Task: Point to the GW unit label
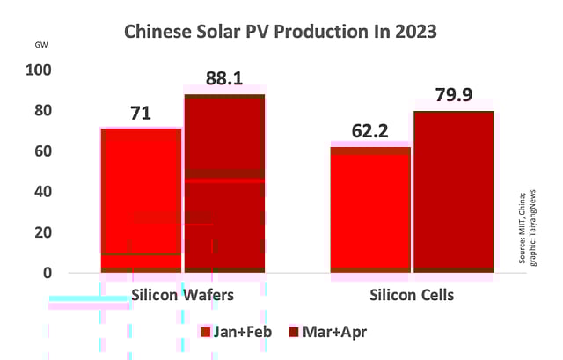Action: click(41, 45)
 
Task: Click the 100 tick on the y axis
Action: click(41, 70)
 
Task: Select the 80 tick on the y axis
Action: click(45, 111)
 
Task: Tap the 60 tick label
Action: click(45, 151)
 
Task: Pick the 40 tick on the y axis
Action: click(45, 191)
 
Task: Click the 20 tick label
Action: click(45, 232)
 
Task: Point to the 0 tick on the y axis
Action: click(48, 273)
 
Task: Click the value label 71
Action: click(141, 113)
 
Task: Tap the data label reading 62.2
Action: click(369, 130)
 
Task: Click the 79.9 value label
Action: click(454, 95)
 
